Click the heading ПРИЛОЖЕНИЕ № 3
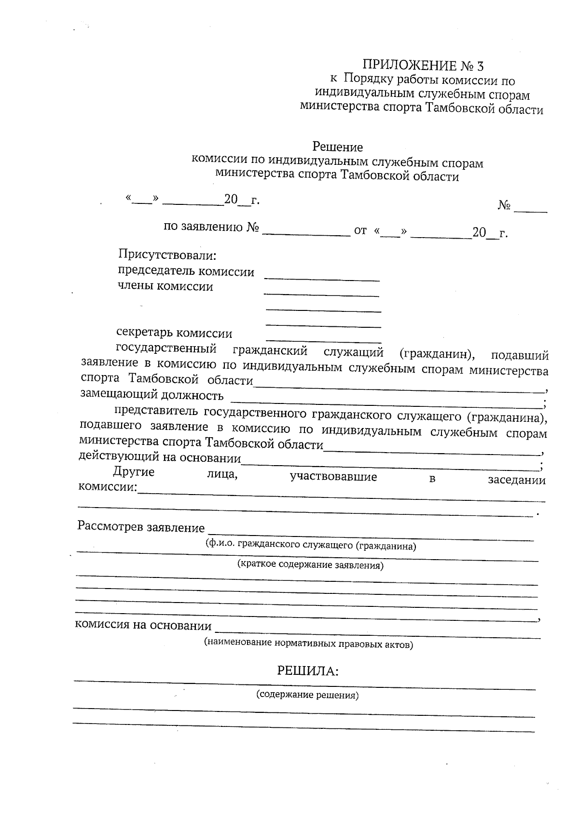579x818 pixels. coord(422,66)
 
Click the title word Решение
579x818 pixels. coord(337,147)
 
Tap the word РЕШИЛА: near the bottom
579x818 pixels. coord(307,671)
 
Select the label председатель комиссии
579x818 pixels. coord(186,272)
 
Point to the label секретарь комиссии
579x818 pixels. coord(174,334)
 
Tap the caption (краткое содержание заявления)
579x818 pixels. coord(311,565)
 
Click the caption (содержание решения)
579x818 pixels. coord(307,696)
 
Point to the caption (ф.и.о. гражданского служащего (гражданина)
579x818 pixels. coord(311,546)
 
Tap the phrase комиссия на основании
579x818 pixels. coord(143,626)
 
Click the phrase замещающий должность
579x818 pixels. coord(152,395)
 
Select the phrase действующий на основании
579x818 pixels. coord(160,457)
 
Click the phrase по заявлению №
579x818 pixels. coord(212,227)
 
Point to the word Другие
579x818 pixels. coord(134,472)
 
